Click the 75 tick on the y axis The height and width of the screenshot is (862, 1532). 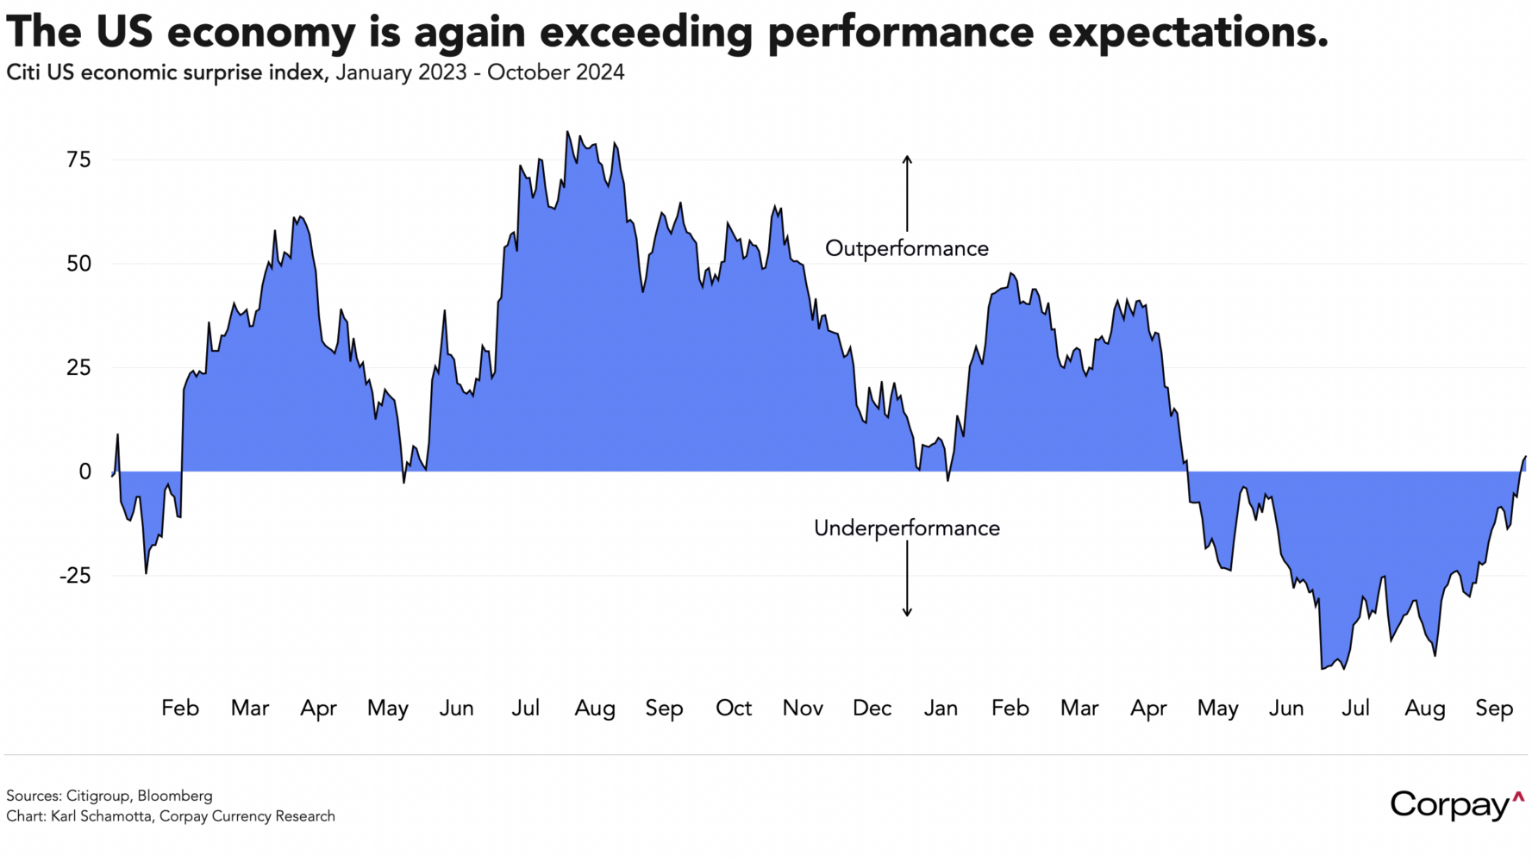pyautogui.click(x=78, y=159)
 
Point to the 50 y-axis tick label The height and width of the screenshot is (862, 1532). pyautogui.click(x=78, y=264)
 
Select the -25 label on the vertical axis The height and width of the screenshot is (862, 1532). pyautogui.click(x=74, y=576)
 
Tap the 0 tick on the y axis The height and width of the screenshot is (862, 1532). pyautogui.click(x=84, y=472)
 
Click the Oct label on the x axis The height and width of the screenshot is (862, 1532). pyautogui.click(x=734, y=709)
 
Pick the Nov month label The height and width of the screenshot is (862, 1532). pyautogui.click(x=803, y=709)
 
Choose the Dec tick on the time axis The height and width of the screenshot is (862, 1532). pyautogui.click(x=872, y=709)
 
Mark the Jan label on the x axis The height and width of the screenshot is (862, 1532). pyautogui.click(x=941, y=709)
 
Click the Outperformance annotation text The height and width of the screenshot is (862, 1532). pyautogui.click(x=907, y=249)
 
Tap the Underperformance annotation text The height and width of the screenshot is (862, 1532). pyautogui.click(x=907, y=528)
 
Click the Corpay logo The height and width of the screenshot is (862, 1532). pyautogui.click(x=1456, y=805)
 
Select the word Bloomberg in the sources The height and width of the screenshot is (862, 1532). pyautogui.click(x=174, y=796)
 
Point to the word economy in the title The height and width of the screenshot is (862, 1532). pyautogui.click(x=261, y=32)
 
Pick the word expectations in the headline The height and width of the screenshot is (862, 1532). pyautogui.click(x=1189, y=32)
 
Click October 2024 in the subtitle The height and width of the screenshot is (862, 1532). pyautogui.click(x=555, y=72)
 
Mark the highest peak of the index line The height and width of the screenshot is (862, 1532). pyautogui.click(x=567, y=132)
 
